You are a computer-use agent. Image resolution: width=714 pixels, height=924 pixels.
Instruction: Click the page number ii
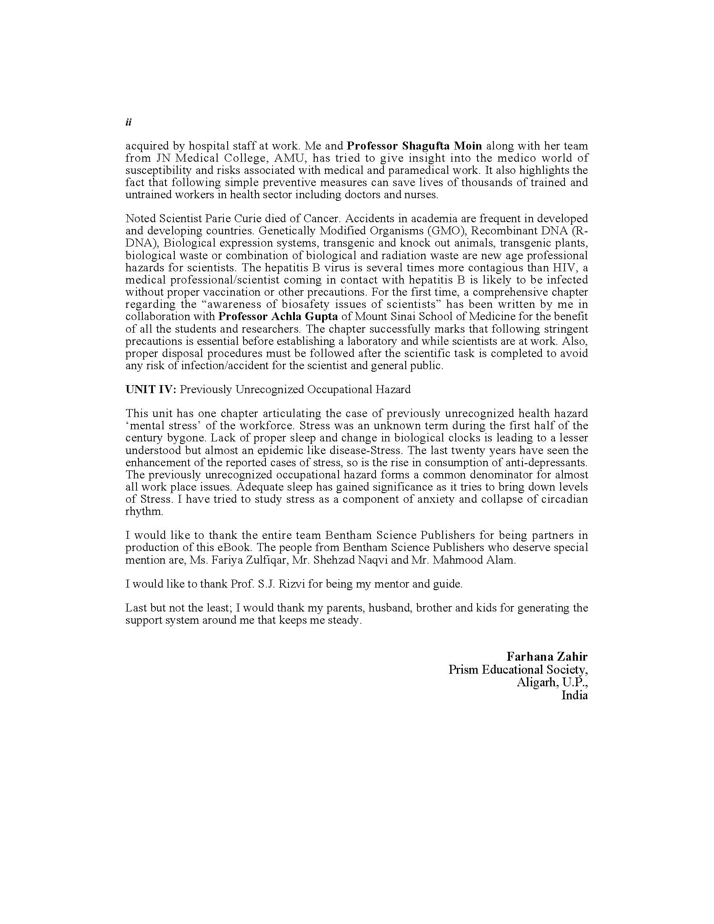point(129,122)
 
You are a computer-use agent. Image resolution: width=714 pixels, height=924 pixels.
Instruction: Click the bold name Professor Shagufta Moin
point(414,146)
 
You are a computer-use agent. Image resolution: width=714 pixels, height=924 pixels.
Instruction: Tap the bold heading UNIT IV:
point(151,389)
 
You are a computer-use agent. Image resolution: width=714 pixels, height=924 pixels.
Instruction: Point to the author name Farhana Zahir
point(547,656)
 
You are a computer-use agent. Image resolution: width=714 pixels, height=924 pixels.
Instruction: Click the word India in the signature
point(575,695)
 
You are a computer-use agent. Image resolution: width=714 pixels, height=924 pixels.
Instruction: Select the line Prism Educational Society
point(518,670)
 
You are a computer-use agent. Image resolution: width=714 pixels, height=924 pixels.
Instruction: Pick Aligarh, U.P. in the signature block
point(551,682)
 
